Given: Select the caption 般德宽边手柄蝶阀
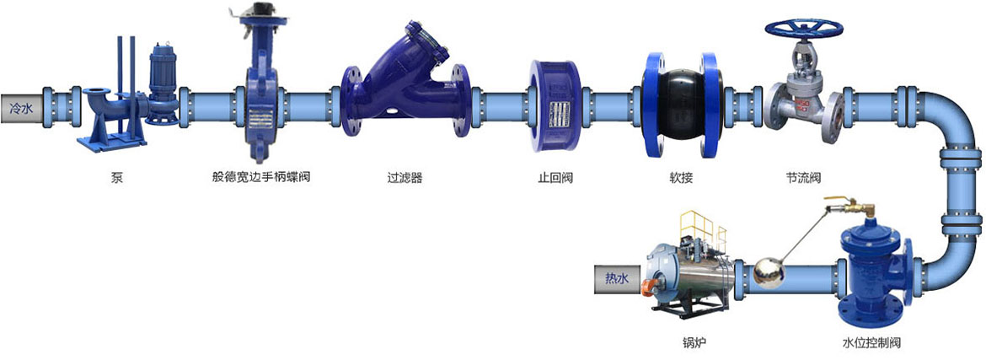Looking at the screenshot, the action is pos(261,178).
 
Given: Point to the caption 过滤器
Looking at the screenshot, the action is pos(405,178).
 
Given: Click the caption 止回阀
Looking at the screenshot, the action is pos(555,178).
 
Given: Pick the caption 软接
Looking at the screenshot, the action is pos(681,178).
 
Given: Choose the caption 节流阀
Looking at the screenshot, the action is pos(804,178).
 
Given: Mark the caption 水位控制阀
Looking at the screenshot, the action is pos(871,343).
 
